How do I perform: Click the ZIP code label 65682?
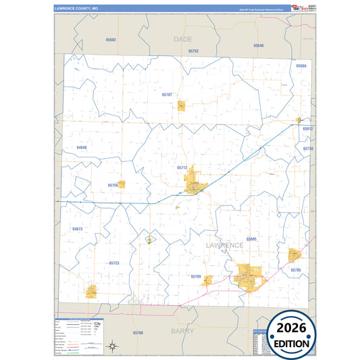pyautogui.click(x=111, y=40)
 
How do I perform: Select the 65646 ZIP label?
pyautogui.click(x=259, y=45)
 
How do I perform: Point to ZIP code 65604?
pyautogui.click(x=301, y=66)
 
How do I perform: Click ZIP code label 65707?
pyautogui.click(x=167, y=95)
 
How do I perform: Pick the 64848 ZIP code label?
pyautogui.click(x=82, y=147)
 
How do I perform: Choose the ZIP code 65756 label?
pyautogui.click(x=113, y=184)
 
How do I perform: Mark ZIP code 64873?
pyautogui.click(x=77, y=229)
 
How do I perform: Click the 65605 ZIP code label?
pyautogui.click(x=252, y=239)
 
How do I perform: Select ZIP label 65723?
pyautogui.click(x=113, y=263)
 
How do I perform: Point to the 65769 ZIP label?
pyautogui.click(x=195, y=276)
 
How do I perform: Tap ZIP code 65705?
pyautogui.click(x=296, y=269)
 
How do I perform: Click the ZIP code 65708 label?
pyautogui.click(x=138, y=333)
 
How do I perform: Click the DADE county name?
pyautogui.click(x=182, y=39)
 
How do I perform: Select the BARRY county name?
pyautogui.click(x=182, y=331)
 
